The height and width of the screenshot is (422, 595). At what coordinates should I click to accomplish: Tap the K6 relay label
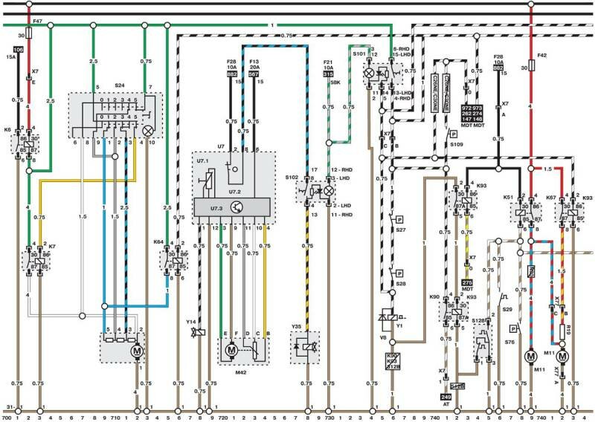(7, 130)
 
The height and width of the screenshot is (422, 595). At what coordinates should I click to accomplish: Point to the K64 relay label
(158, 241)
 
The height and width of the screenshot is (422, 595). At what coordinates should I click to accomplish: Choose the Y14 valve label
(191, 322)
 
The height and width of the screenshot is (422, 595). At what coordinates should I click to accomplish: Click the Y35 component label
(297, 325)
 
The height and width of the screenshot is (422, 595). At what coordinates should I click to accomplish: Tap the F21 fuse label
(327, 62)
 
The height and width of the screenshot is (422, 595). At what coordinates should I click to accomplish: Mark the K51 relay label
(509, 197)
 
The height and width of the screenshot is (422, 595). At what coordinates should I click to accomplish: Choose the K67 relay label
(550, 197)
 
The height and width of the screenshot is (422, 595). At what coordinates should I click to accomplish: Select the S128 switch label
(479, 320)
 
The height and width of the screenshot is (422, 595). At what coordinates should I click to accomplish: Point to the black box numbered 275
(467, 283)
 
